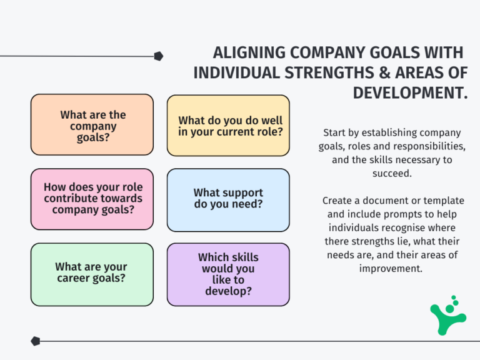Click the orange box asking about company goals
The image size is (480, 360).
click(92, 124)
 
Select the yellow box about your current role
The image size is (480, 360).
click(228, 126)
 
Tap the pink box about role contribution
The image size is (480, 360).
click(92, 199)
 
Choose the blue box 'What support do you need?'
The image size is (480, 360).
click(228, 199)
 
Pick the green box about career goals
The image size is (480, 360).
click(92, 273)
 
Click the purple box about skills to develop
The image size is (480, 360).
click(228, 274)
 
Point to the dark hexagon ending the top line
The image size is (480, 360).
click(159, 56)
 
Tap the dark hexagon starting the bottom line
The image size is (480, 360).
click(36, 341)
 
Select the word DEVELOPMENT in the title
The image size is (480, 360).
click(410, 92)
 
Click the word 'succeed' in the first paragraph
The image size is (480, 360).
click(392, 173)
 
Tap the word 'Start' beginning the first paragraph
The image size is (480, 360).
click(336, 132)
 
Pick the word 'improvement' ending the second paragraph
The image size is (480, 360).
click(391, 268)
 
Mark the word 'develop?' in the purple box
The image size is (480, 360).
click(228, 291)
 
